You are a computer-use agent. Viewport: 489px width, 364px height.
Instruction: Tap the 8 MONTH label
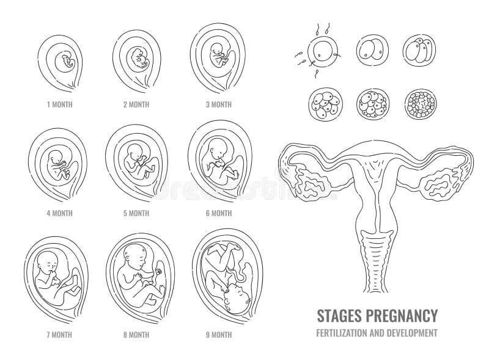click(x=137, y=335)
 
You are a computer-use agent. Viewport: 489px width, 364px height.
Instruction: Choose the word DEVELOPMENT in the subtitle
click(x=414, y=332)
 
